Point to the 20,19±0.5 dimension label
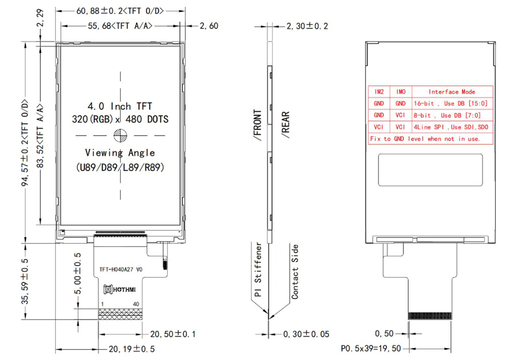pos(132,349)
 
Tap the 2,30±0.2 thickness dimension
pos(307,26)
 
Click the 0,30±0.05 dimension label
pos(306,334)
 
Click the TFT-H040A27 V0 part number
pos(121,269)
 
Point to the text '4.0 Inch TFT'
pos(120,106)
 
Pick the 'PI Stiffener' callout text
pos(258,271)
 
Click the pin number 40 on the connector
pos(136,303)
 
